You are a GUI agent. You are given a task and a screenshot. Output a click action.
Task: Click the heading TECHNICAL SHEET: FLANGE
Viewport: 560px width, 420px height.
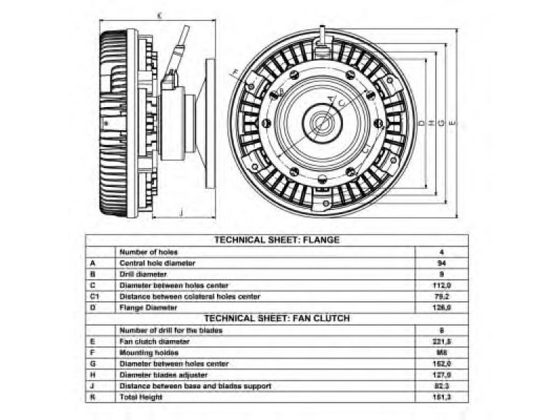[x=276, y=239]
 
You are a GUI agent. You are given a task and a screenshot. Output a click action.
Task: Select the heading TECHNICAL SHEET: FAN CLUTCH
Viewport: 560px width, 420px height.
[x=276, y=318]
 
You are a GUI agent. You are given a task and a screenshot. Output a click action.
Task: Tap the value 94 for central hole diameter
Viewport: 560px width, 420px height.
[x=441, y=262]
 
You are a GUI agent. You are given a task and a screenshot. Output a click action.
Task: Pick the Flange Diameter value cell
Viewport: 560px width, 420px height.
[x=441, y=307]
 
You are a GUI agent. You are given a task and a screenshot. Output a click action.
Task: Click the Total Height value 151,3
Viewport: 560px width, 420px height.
[x=441, y=397]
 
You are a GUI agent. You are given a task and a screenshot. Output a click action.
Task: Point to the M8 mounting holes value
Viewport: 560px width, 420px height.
[x=441, y=352]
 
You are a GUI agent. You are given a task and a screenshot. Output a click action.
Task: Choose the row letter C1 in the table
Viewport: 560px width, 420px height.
[x=94, y=296]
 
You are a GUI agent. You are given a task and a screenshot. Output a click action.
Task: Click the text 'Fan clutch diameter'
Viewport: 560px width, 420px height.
[x=154, y=341]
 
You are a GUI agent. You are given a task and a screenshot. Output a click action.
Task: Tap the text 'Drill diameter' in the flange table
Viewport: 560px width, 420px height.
[x=143, y=274]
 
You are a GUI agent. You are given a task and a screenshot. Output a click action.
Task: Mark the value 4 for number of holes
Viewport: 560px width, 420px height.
[x=441, y=251]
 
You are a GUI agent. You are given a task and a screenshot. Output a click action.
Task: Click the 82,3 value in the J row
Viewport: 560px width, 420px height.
[x=441, y=386]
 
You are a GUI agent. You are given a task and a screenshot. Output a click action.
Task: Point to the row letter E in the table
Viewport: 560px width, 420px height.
[x=92, y=341]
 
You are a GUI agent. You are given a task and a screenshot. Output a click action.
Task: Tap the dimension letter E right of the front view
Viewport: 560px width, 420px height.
[x=453, y=123]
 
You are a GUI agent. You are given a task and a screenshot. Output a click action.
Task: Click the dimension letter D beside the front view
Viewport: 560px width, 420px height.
[x=421, y=123]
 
